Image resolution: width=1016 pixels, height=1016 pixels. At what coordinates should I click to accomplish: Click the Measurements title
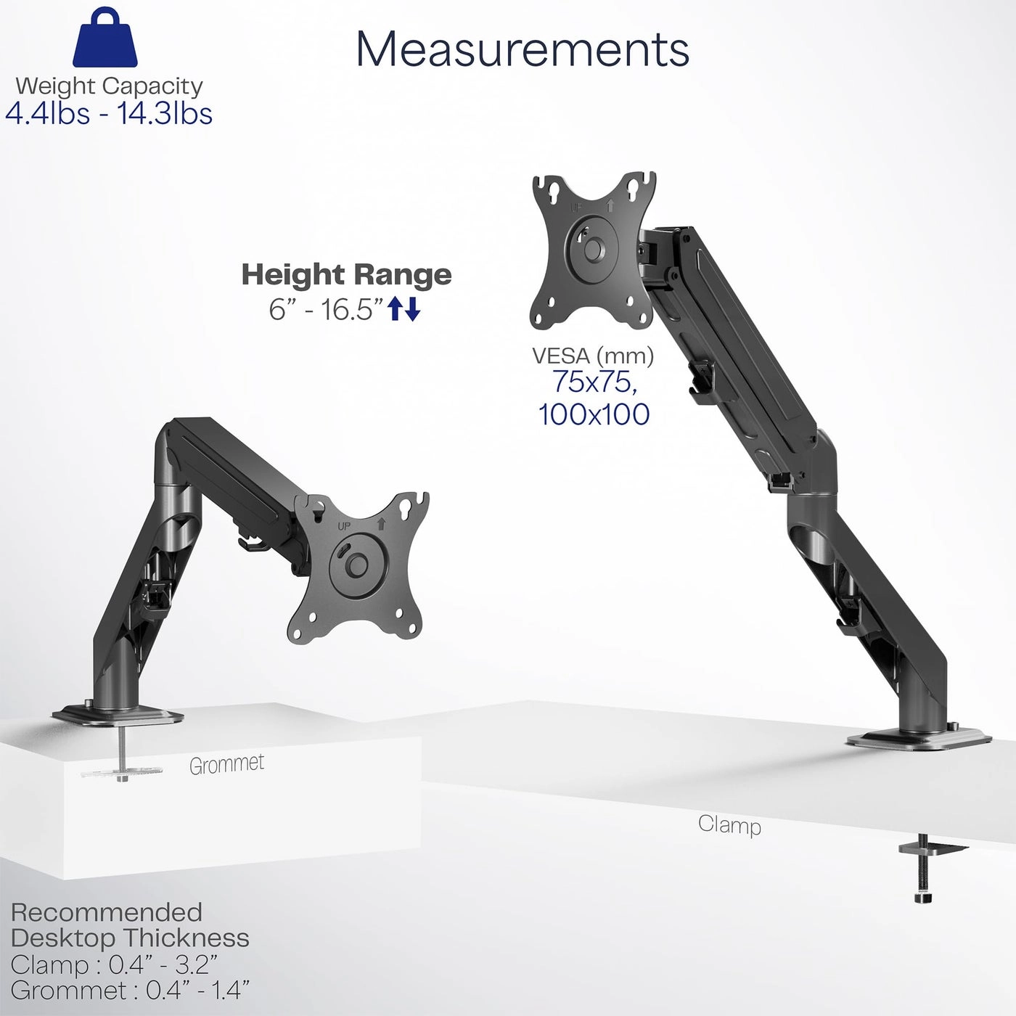[522, 49]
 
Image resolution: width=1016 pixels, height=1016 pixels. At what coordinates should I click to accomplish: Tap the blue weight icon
[105, 40]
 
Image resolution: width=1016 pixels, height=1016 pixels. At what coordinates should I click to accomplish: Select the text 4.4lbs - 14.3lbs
[109, 114]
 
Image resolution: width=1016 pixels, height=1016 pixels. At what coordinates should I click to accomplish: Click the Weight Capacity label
[109, 86]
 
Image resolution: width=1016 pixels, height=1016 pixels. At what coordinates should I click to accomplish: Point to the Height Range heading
[346, 275]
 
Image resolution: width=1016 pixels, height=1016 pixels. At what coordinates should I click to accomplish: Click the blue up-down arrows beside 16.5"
[404, 309]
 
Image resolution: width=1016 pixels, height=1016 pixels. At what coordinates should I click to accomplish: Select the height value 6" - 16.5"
[325, 310]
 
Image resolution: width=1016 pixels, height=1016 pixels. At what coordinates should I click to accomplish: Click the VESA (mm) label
[593, 356]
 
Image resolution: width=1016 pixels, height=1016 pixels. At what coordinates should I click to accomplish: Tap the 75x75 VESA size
[594, 382]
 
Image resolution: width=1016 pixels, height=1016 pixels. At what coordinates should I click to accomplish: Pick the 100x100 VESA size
[594, 414]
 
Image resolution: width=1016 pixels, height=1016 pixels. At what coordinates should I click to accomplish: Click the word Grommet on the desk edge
[226, 764]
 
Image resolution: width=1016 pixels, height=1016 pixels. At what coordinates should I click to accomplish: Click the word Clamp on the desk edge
[729, 824]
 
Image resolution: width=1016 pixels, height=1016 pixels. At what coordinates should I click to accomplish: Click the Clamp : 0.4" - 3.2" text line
[114, 964]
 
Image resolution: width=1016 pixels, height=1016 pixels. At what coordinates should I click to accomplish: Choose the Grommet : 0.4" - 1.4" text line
[130, 990]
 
